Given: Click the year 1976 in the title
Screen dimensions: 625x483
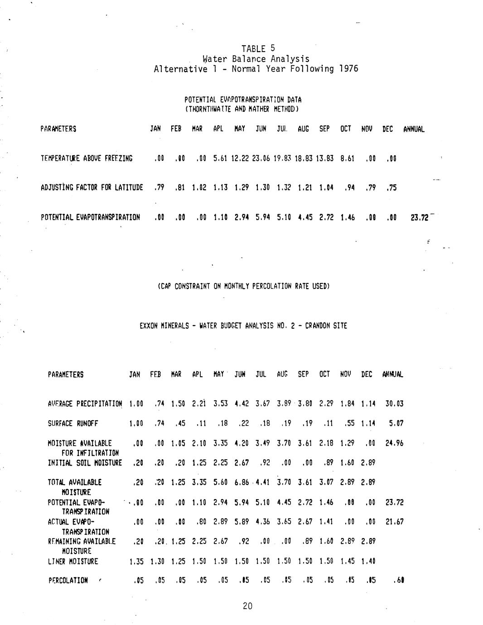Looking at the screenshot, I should coord(348,69).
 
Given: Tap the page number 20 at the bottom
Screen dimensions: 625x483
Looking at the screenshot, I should coord(247,606).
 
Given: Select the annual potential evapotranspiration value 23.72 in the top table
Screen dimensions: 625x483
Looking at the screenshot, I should coord(419,217).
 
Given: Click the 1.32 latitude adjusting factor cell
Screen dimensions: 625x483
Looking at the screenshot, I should coord(284,187).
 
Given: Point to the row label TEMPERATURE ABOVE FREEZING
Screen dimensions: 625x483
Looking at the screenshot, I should coord(87,159).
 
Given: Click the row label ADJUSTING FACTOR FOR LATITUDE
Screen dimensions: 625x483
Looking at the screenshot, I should coord(92,187).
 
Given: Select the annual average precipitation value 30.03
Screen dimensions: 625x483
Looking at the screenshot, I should coord(394,404).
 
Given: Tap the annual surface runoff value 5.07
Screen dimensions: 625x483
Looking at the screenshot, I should coord(396,423).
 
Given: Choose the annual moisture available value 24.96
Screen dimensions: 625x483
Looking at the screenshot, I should coord(394,443).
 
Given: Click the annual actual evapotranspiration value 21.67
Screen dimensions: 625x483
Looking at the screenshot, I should coord(394,522).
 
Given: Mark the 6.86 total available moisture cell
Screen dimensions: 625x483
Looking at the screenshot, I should coord(241,482).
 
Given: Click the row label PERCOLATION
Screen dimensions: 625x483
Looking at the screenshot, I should coord(68,581).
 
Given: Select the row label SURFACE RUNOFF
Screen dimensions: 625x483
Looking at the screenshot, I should coord(72,423).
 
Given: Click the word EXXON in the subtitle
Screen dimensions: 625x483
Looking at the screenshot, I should coord(149,326).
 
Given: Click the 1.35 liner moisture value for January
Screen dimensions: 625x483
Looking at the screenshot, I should coord(136,562).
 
